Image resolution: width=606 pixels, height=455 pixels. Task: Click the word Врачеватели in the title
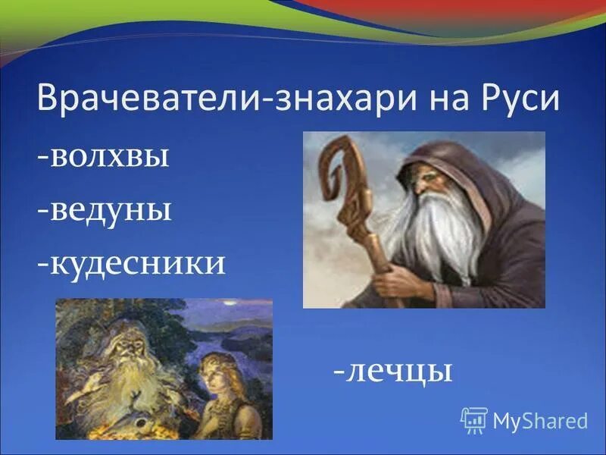click(148, 101)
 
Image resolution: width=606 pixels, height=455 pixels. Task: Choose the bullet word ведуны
click(111, 209)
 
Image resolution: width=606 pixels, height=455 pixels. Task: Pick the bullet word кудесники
click(136, 262)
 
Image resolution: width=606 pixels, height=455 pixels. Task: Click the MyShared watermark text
click(540, 420)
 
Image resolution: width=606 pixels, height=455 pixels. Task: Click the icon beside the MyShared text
click(473, 419)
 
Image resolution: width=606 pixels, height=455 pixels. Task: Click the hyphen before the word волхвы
click(43, 158)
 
